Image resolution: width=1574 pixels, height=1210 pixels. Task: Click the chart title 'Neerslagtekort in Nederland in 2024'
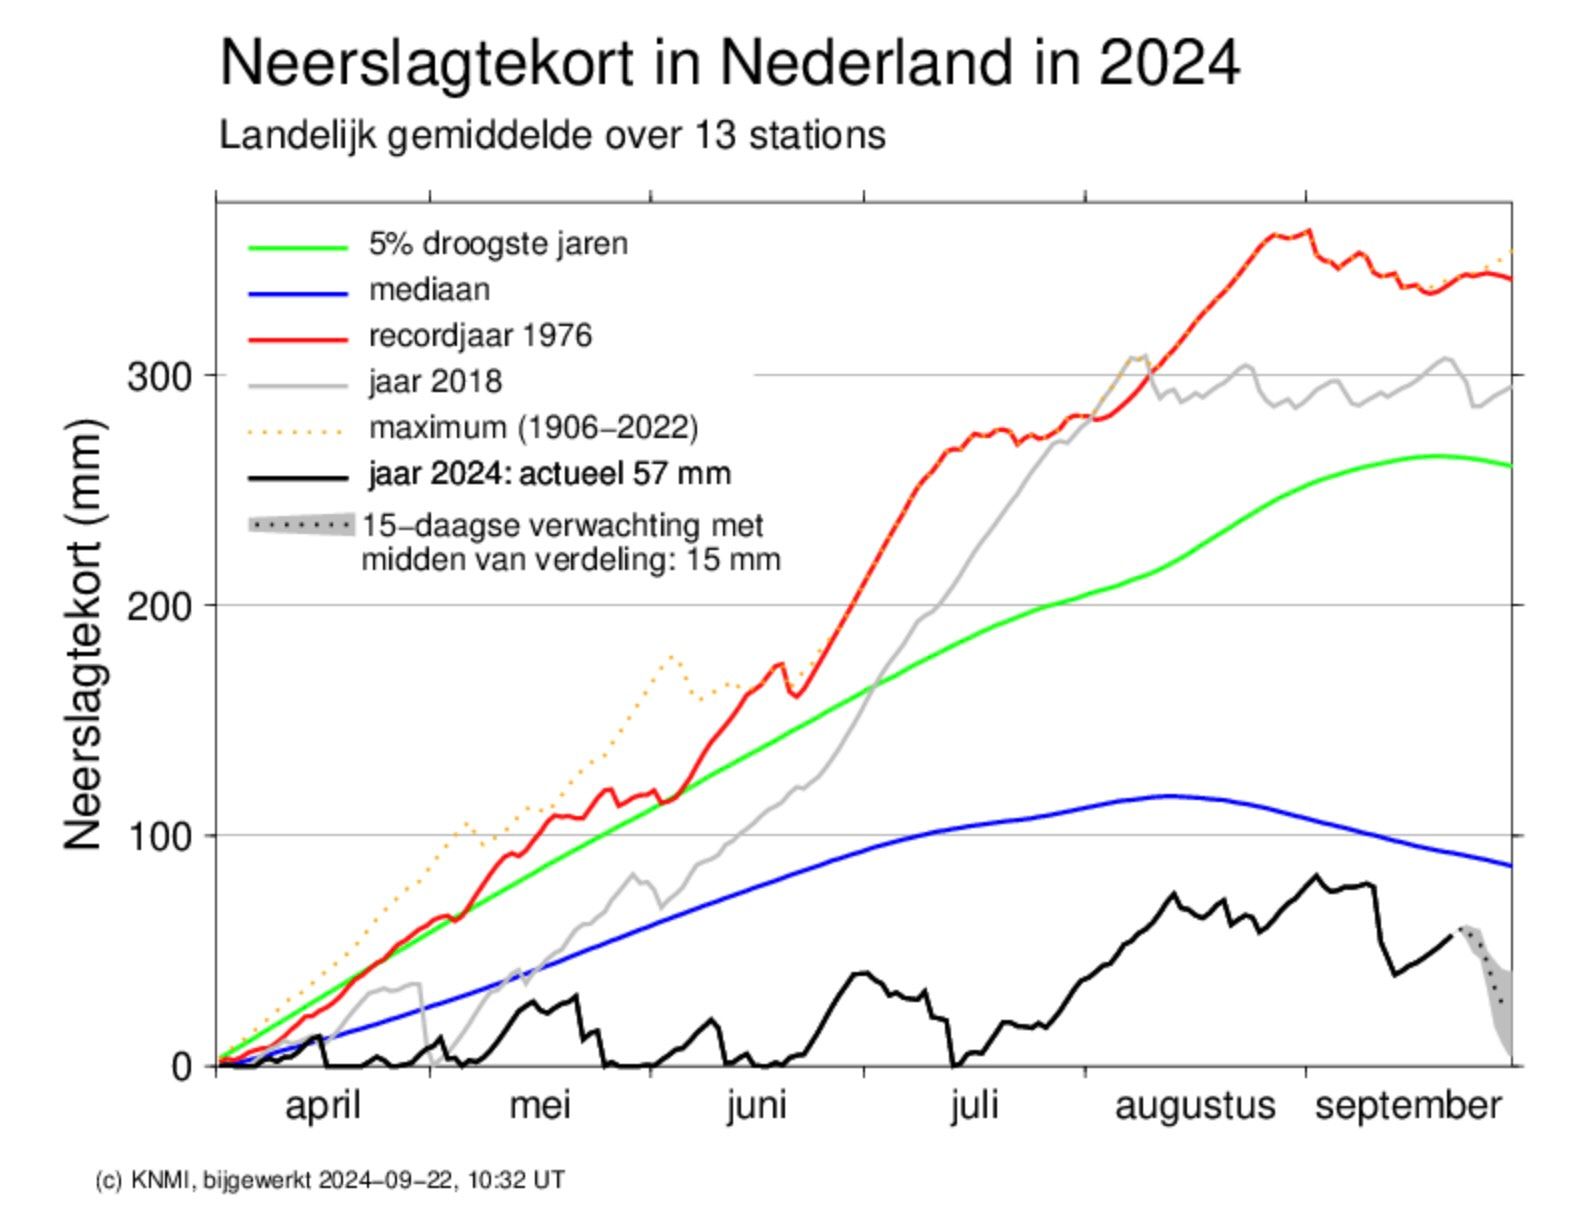coord(729,63)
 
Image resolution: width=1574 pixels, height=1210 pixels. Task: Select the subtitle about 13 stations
coord(552,135)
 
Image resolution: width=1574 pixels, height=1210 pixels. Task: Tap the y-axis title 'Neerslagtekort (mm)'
coord(84,635)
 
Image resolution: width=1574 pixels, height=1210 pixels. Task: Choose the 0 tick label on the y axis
coord(181,1067)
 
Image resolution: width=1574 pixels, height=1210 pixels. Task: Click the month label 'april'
coord(322,1106)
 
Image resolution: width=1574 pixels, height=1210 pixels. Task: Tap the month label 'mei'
coord(540,1106)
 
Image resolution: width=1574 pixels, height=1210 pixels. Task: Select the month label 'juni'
coord(756,1106)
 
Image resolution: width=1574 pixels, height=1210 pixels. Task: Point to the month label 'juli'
coord(974,1106)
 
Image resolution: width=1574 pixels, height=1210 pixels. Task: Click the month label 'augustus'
coord(1195,1106)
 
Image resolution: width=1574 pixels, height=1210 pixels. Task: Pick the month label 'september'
coord(1408,1106)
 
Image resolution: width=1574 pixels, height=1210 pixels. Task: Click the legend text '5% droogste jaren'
coord(498,244)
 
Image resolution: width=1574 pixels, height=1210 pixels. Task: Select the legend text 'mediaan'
coord(430,290)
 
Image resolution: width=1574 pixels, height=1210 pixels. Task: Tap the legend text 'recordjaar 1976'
coord(480,335)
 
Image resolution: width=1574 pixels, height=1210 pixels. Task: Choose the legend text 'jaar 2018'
coord(435,381)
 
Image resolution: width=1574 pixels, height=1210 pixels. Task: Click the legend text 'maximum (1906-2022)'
coord(533,428)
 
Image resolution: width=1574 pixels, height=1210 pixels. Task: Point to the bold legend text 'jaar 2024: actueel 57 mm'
coord(549,473)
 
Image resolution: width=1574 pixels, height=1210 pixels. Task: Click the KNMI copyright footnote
coord(330,1180)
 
